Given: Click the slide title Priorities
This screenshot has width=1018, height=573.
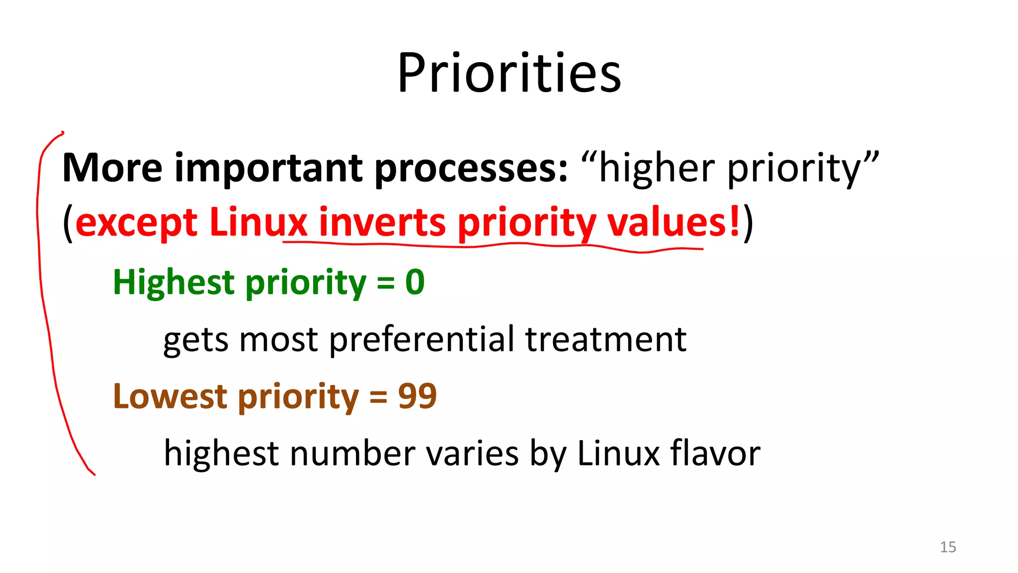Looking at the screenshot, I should [x=509, y=74].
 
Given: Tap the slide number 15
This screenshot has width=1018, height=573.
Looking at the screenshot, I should [x=947, y=547].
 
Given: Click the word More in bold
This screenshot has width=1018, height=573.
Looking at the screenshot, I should [x=112, y=168].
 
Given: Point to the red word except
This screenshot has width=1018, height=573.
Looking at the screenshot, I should [x=136, y=223].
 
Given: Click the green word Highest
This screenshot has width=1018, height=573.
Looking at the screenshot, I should [x=173, y=283].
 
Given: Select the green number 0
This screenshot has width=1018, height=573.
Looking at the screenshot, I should [x=415, y=283].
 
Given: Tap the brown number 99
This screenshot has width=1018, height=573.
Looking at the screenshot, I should [x=417, y=396].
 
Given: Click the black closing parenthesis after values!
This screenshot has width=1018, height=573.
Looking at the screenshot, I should [x=748, y=223].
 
